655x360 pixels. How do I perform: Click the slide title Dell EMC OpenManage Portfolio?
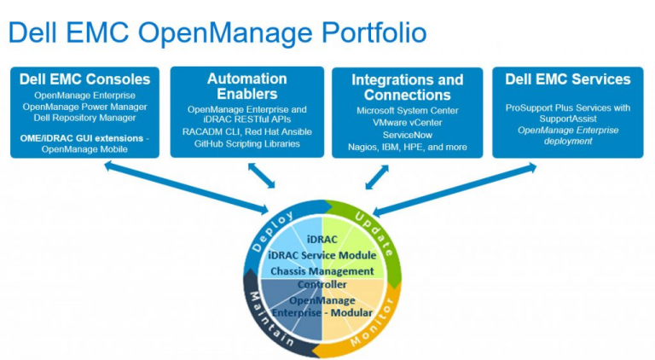coord(217,33)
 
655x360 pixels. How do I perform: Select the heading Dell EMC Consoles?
coord(84,79)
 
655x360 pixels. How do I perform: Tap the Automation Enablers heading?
coord(246,86)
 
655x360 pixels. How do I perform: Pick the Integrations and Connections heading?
coord(408,87)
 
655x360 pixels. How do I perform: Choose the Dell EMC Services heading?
coord(568,79)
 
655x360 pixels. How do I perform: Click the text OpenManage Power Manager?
coord(84,107)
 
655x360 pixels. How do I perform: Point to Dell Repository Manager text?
coord(84,118)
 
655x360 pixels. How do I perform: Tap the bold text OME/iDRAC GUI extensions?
coord(82,138)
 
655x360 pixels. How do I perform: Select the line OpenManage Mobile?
coord(84,149)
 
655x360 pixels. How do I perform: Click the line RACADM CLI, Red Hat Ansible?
coord(246,132)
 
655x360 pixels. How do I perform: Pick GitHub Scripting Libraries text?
coord(246,143)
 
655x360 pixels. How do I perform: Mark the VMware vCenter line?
coord(408,123)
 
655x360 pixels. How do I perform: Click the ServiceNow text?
coord(408,135)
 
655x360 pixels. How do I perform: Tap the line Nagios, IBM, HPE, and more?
coord(408,147)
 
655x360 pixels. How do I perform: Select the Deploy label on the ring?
coord(272,231)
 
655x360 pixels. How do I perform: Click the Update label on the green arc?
coord(374,234)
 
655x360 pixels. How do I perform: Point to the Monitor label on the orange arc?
coord(372,322)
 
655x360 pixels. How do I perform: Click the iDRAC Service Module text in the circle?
coord(322,255)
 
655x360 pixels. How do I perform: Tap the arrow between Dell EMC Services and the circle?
coord(455,190)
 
